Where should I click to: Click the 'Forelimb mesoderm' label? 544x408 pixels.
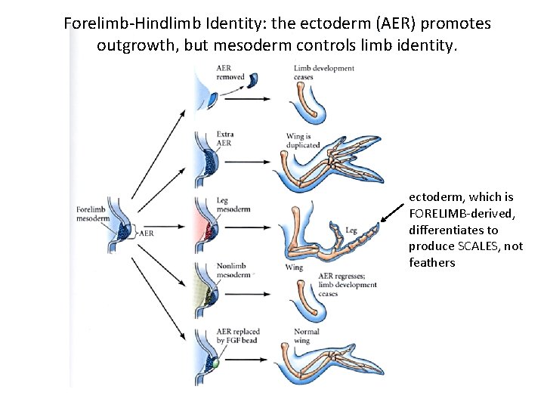(x=93, y=214)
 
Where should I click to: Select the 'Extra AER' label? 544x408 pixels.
(x=225, y=138)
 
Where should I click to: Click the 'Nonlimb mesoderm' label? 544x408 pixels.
(x=233, y=270)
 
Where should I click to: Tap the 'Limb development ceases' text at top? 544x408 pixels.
(x=323, y=73)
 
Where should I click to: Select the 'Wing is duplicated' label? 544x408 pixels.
(x=303, y=141)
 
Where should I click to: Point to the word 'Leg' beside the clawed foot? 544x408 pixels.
(x=351, y=230)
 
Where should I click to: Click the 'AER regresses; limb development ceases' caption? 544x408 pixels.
(x=348, y=285)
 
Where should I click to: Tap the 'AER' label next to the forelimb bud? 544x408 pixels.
(x=147, y=233)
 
